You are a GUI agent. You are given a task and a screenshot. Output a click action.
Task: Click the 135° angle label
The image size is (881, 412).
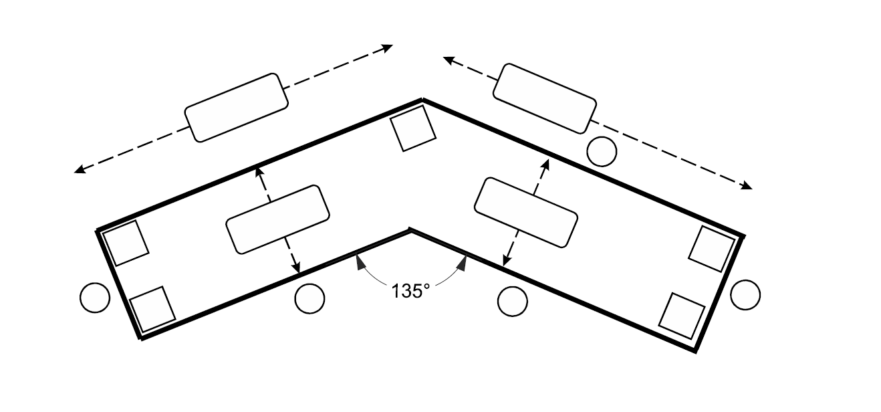pos(410,292)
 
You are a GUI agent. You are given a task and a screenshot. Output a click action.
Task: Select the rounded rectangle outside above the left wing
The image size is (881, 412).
pos(236,108)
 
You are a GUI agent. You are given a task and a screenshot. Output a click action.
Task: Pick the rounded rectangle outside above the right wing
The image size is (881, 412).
pos(545,98)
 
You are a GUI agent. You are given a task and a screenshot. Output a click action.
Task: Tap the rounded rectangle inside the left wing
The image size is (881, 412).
pos(277,219)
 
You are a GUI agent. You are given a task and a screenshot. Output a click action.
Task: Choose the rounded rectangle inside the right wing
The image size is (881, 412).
pos(525,212)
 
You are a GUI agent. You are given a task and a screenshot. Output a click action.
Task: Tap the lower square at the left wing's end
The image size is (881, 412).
pos(152,309)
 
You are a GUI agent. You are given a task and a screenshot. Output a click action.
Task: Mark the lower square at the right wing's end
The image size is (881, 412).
pos(682,316)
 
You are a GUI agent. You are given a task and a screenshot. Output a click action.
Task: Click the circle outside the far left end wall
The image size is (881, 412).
pos(94,298)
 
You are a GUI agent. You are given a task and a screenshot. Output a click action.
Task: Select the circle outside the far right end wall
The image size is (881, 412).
pos(745,294)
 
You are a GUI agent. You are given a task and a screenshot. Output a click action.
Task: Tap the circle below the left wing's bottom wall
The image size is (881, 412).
pos(309,298)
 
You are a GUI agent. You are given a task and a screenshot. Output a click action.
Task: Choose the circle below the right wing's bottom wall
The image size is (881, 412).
pos(513,301)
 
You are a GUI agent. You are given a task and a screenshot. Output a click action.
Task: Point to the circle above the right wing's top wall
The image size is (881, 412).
pos(601,151)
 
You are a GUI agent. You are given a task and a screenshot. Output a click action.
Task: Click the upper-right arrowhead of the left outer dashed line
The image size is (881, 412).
pos(387,47)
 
